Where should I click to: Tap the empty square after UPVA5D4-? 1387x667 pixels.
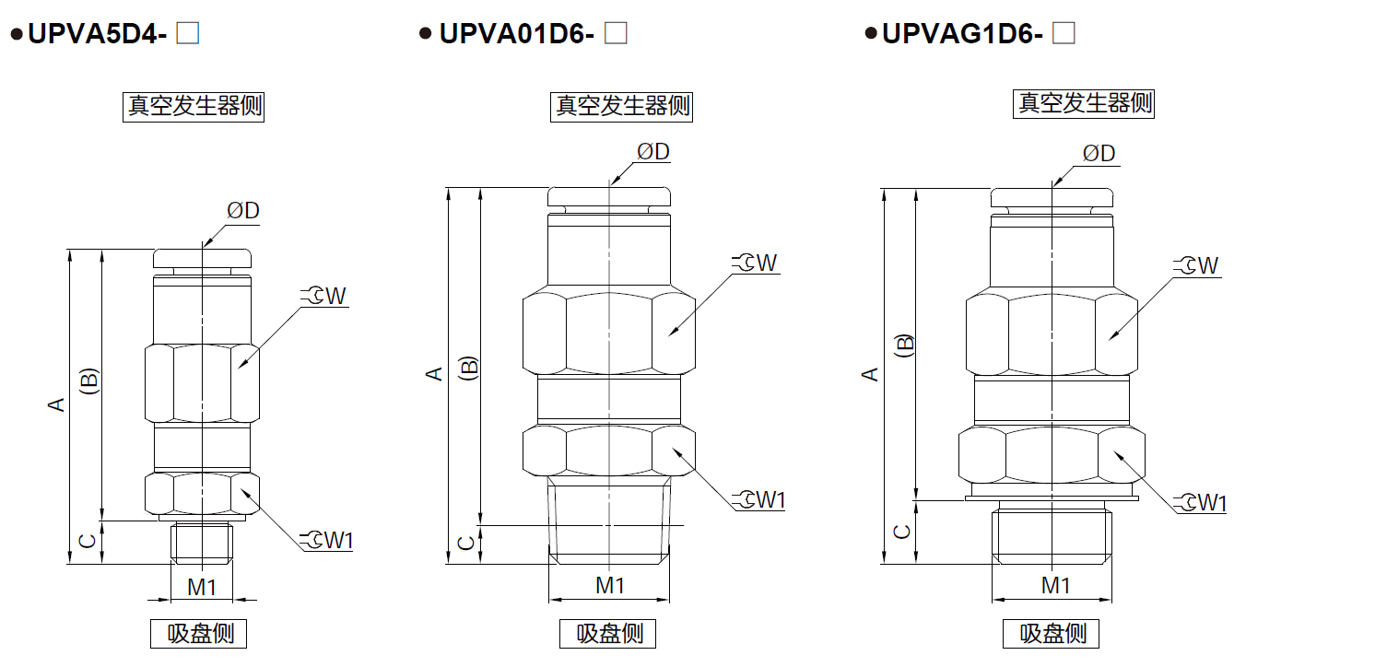(188, 34)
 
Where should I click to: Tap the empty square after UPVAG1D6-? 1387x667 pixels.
(1064, 34)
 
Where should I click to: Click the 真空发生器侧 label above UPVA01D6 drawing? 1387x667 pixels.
(622, 106)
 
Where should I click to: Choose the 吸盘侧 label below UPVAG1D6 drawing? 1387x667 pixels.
(1052, 634)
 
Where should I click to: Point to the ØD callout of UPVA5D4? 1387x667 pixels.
(243, 211)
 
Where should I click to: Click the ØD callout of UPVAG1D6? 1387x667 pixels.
(1099, 153)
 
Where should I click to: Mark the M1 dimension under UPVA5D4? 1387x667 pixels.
(202, 587)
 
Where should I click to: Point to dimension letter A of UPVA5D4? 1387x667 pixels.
(57, 404)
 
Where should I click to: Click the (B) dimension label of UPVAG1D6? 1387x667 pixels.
(905, 345)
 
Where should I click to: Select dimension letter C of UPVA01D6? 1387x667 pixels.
(466, 543)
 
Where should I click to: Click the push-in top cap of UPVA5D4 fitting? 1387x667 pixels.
(203, 257)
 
